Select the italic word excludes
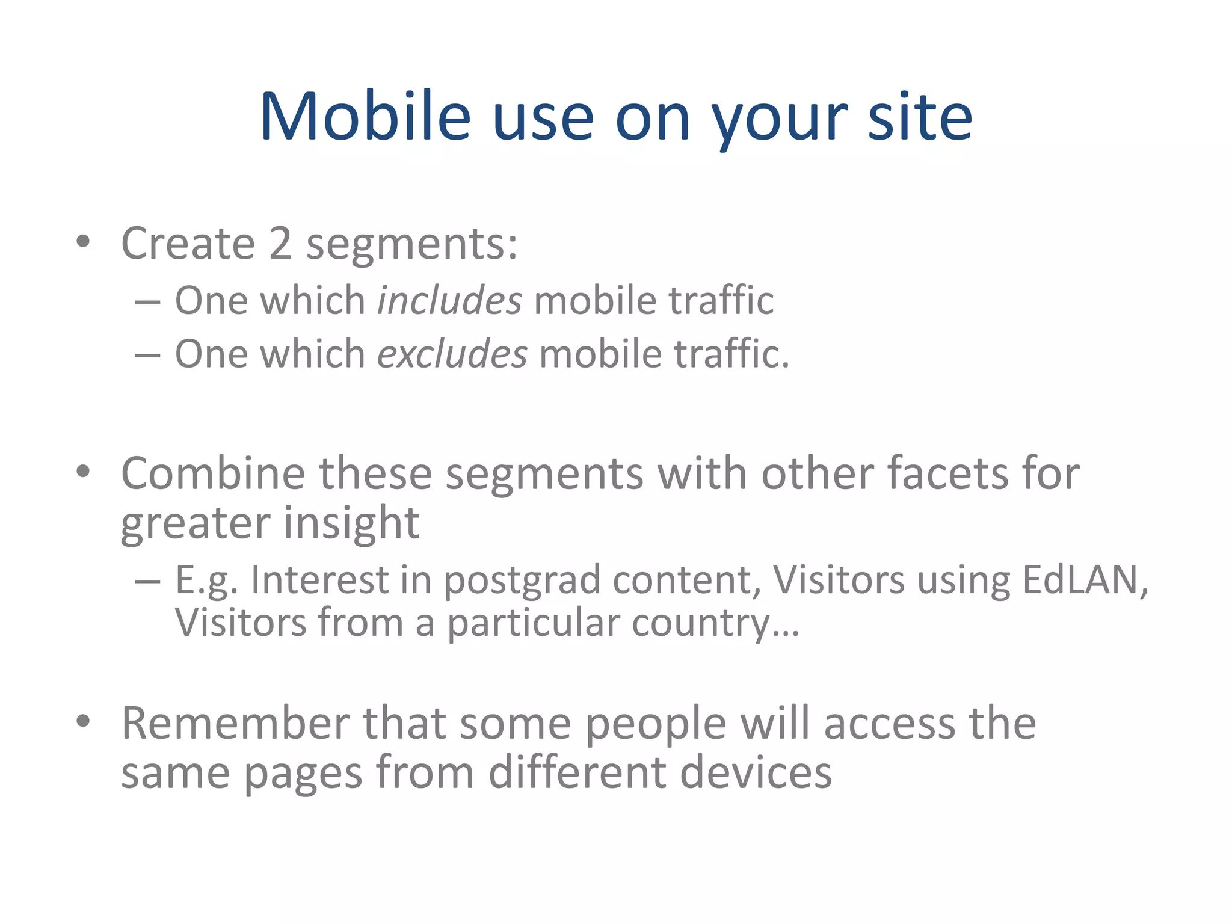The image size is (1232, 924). (x=452, y=353)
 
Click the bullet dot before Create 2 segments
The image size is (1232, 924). (x=83, y=242)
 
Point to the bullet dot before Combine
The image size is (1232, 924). (x=83, y=472)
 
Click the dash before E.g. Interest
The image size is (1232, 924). (x=147, y=581)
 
